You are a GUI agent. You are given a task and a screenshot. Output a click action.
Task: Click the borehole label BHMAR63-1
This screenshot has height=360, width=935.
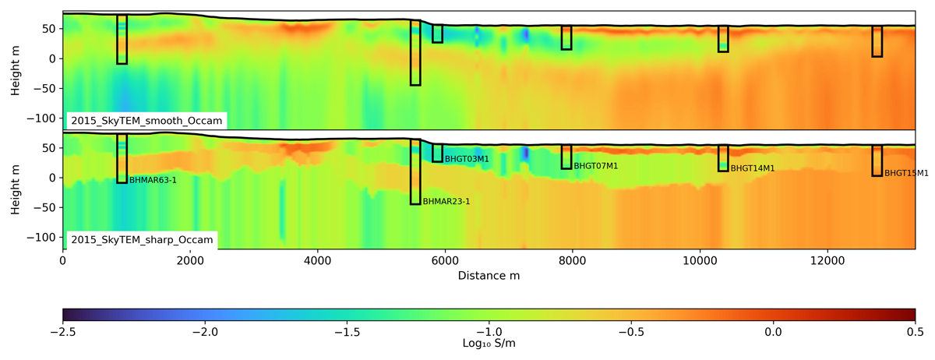tap(153, 181)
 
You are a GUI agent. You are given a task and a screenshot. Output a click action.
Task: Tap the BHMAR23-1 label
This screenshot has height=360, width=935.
tap(446, 202)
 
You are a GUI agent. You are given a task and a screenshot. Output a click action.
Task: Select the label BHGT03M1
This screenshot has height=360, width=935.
tap(467, 159)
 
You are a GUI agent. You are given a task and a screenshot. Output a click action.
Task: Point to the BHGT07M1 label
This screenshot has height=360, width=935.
tap(595, 166)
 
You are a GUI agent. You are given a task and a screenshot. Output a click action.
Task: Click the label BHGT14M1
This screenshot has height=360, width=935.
tap(753, 168)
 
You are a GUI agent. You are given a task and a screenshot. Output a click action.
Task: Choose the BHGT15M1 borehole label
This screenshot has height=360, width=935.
tap(906, 173)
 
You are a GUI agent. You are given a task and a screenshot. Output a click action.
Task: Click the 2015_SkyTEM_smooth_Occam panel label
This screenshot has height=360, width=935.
tap(146, 121)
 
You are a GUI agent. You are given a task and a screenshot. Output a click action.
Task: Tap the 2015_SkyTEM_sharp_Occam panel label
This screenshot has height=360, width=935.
tap(142, 240)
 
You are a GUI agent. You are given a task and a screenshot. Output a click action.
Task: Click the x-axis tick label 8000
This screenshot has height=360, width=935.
tap(572, 261)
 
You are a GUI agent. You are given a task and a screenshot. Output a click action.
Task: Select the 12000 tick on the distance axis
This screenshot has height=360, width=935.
tap(827, 261)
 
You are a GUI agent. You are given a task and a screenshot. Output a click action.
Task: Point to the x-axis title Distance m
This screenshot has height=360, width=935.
tap(489, 276)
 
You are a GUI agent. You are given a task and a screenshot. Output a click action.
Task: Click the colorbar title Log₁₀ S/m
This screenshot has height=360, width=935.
tap(489, 344)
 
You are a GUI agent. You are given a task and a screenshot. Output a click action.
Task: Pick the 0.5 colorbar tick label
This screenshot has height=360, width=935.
tap(916, 332)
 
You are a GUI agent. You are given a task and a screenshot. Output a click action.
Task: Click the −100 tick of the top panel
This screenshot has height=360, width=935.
tap(41, 118)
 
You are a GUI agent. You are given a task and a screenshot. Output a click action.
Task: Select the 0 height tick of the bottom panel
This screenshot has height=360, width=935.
tap(52, 178)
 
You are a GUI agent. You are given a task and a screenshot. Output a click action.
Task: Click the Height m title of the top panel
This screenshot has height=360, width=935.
tap(16, 71)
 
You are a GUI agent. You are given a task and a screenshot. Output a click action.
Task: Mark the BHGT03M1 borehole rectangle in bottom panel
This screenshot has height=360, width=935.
tap(437, 154)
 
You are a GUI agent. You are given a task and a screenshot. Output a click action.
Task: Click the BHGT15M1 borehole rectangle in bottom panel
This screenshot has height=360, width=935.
tap(877, 161)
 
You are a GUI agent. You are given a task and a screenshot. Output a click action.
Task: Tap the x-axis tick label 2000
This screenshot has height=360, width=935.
tap(190, 261)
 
